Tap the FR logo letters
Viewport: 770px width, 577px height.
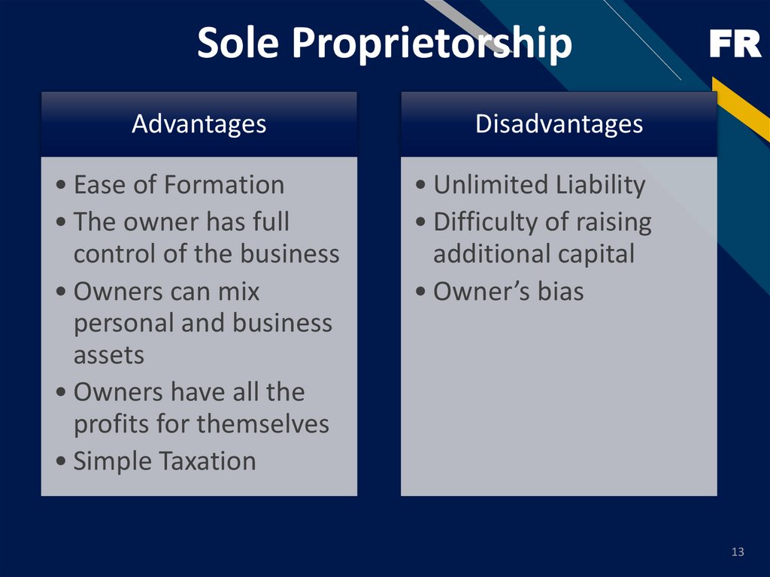coord(735,46)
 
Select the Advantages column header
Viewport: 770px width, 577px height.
coord(199,124)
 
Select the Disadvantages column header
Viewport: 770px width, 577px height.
coord(559,124)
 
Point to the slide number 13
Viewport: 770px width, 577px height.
coord(737,553)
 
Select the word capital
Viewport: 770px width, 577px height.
coord(593,254)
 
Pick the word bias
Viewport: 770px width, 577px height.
coord(559,292)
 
